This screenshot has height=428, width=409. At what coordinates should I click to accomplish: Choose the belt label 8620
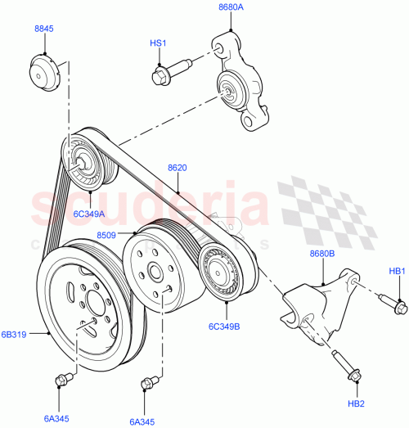click(x=179, y=168)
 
